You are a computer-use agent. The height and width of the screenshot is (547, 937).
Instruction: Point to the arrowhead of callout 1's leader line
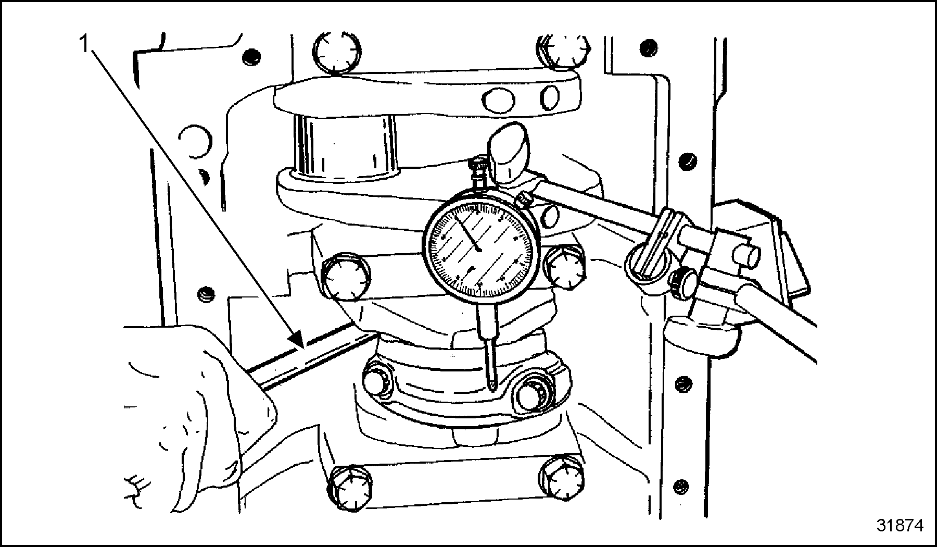pos(298,341)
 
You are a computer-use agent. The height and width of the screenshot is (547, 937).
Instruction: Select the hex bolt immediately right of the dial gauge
pos(565,267)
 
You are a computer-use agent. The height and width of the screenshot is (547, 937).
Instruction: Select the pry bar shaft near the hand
pos(312,355)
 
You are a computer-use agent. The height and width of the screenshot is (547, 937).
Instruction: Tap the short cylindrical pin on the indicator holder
pos(745,255)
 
